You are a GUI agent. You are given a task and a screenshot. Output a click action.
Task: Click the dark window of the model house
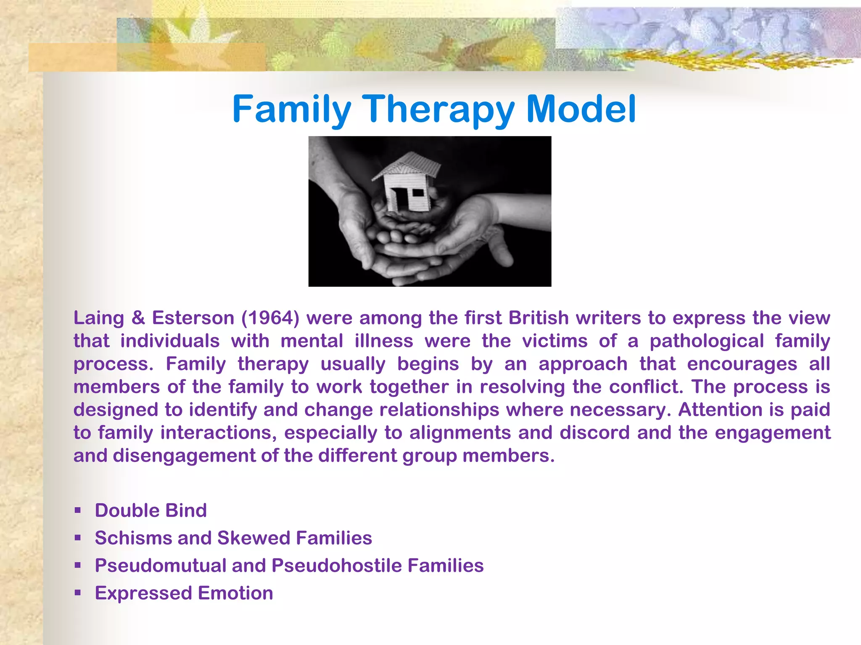pyautogui.click(x=418, y=193)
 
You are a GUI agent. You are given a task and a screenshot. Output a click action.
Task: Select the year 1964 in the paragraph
pyautogui.click(x=270, y=318)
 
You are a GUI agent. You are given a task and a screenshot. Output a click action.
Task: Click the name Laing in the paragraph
pyautogui.click(x=98, y=318)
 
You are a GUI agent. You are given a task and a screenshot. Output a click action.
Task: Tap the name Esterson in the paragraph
pyautogui.click(x=193, y=318)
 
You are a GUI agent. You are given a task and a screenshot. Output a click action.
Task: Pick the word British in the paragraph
pyautogui.click(x=539, y=318)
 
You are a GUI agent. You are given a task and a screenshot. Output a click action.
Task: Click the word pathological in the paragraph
pyautogui.click(x=706, y=341)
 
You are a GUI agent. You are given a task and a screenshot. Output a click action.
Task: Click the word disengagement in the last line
pyautogui.click(x=184, y=456)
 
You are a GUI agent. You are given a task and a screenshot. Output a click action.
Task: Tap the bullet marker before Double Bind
pyautogui.click(x=77, y=511)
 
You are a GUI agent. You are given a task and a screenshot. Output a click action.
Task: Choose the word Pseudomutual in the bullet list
pyautogui.click(x=161, y=566)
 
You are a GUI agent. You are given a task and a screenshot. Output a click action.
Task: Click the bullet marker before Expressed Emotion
pyautogui.click(x=77, y=593)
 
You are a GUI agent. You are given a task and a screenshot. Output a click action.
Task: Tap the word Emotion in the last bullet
pyautogui.click(x=235, y=593)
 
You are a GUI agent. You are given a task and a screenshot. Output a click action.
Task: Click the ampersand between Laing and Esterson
pyautogui.click(x=138, y=318)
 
